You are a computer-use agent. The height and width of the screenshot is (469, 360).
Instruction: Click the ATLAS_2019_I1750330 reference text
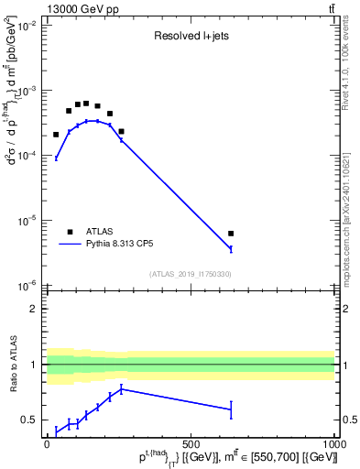190,274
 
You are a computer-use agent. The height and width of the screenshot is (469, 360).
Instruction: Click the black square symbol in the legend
70,232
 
